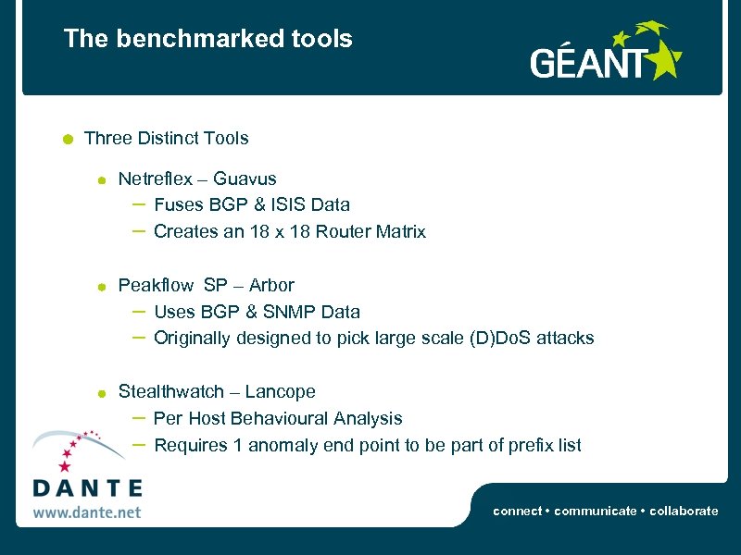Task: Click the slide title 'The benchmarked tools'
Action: coord(207,39)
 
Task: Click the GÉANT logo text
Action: coord(587,64)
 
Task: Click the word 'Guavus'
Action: coord(245,179)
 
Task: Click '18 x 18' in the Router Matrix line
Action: coord(280,231)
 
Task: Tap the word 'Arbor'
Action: coord(271,285)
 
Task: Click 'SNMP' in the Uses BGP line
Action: coord(283,312)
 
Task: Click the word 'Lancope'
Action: coord(281,391)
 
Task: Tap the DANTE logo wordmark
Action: coord(87,487)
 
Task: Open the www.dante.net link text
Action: coord(87,511)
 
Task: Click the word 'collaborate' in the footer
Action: coord(684,511)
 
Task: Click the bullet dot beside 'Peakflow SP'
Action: coord(103,287)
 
